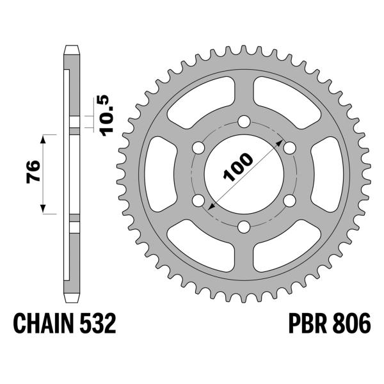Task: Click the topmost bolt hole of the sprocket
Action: point(244,122)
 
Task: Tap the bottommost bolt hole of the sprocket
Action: point(244,227)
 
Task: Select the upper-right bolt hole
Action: point(289,148)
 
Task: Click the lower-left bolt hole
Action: point(198,201)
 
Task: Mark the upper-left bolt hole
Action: point(198,148)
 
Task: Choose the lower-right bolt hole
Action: point(289,201)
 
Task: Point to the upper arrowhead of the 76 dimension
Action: point(44,139)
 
